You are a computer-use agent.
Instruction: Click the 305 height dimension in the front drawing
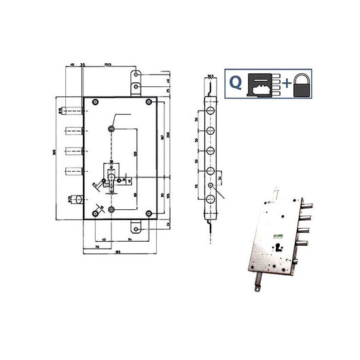point(57,157)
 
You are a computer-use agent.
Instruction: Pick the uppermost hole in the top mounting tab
point(137,77)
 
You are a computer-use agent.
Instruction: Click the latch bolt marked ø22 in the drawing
point(79,200)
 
